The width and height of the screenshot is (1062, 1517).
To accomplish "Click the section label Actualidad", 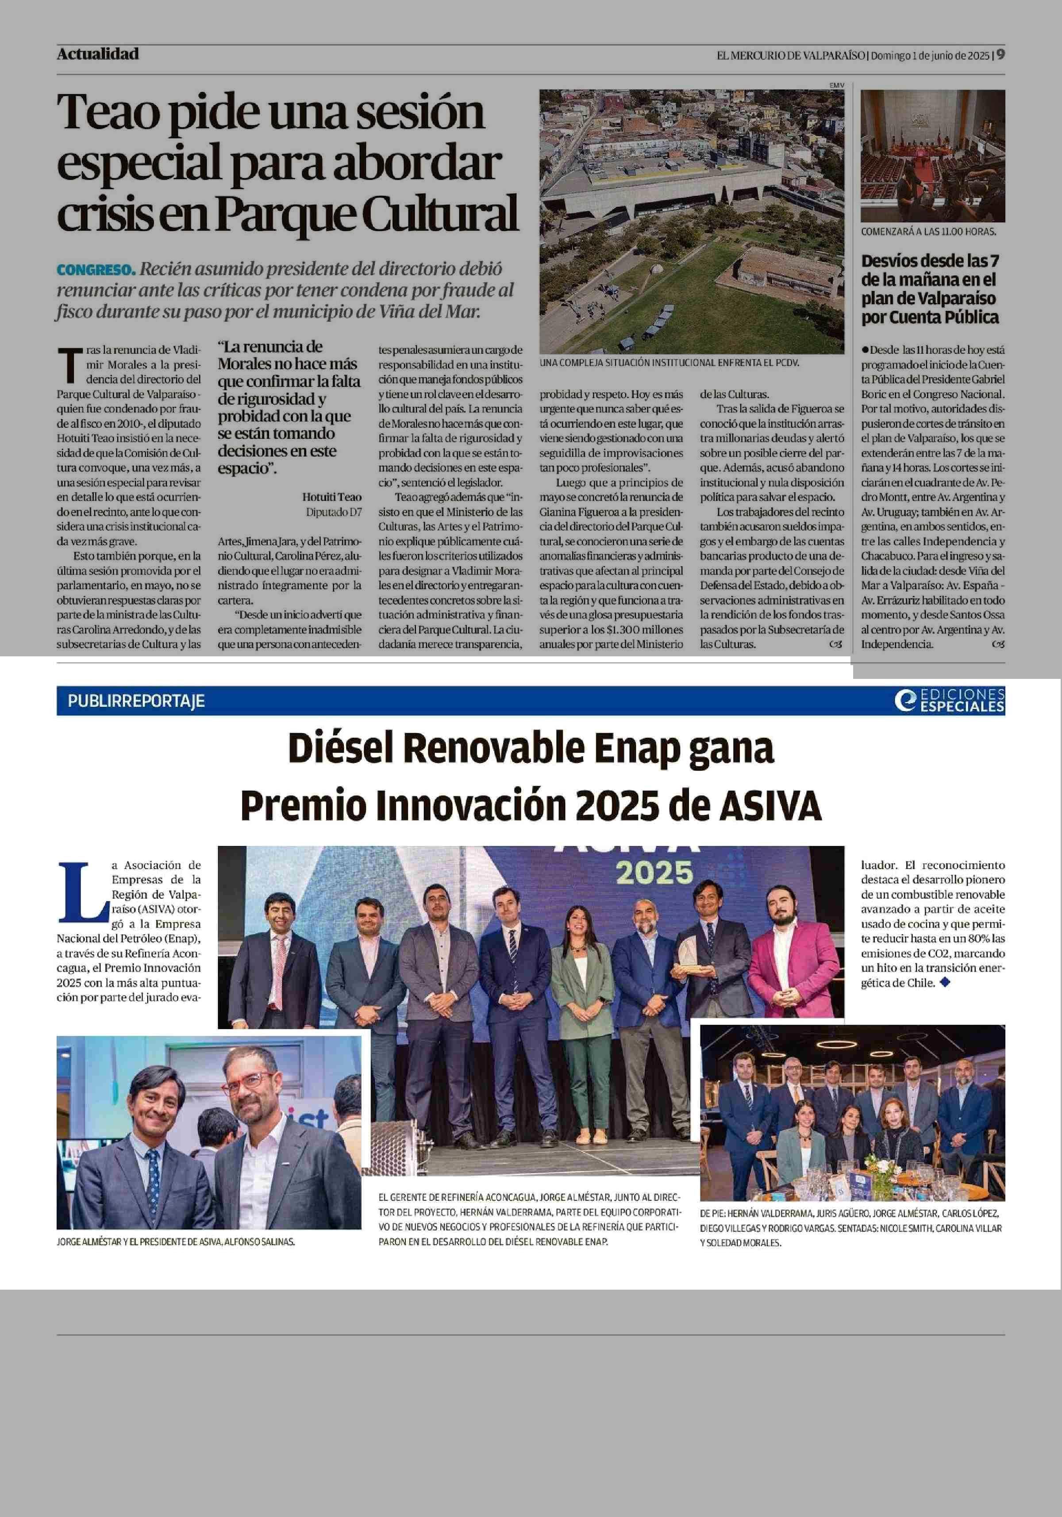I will pos(98,54).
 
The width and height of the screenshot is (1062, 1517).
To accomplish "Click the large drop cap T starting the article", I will pos(68,365).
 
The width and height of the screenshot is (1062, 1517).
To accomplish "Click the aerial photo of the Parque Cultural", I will pos(691,221).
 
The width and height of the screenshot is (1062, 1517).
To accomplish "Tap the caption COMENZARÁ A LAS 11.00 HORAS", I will pos(928,232).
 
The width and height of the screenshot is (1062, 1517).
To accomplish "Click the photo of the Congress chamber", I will pos(932,156).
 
